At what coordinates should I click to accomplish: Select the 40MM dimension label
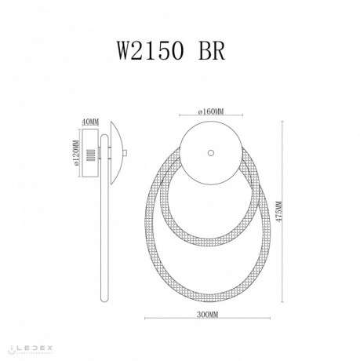[x=90, y=121]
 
